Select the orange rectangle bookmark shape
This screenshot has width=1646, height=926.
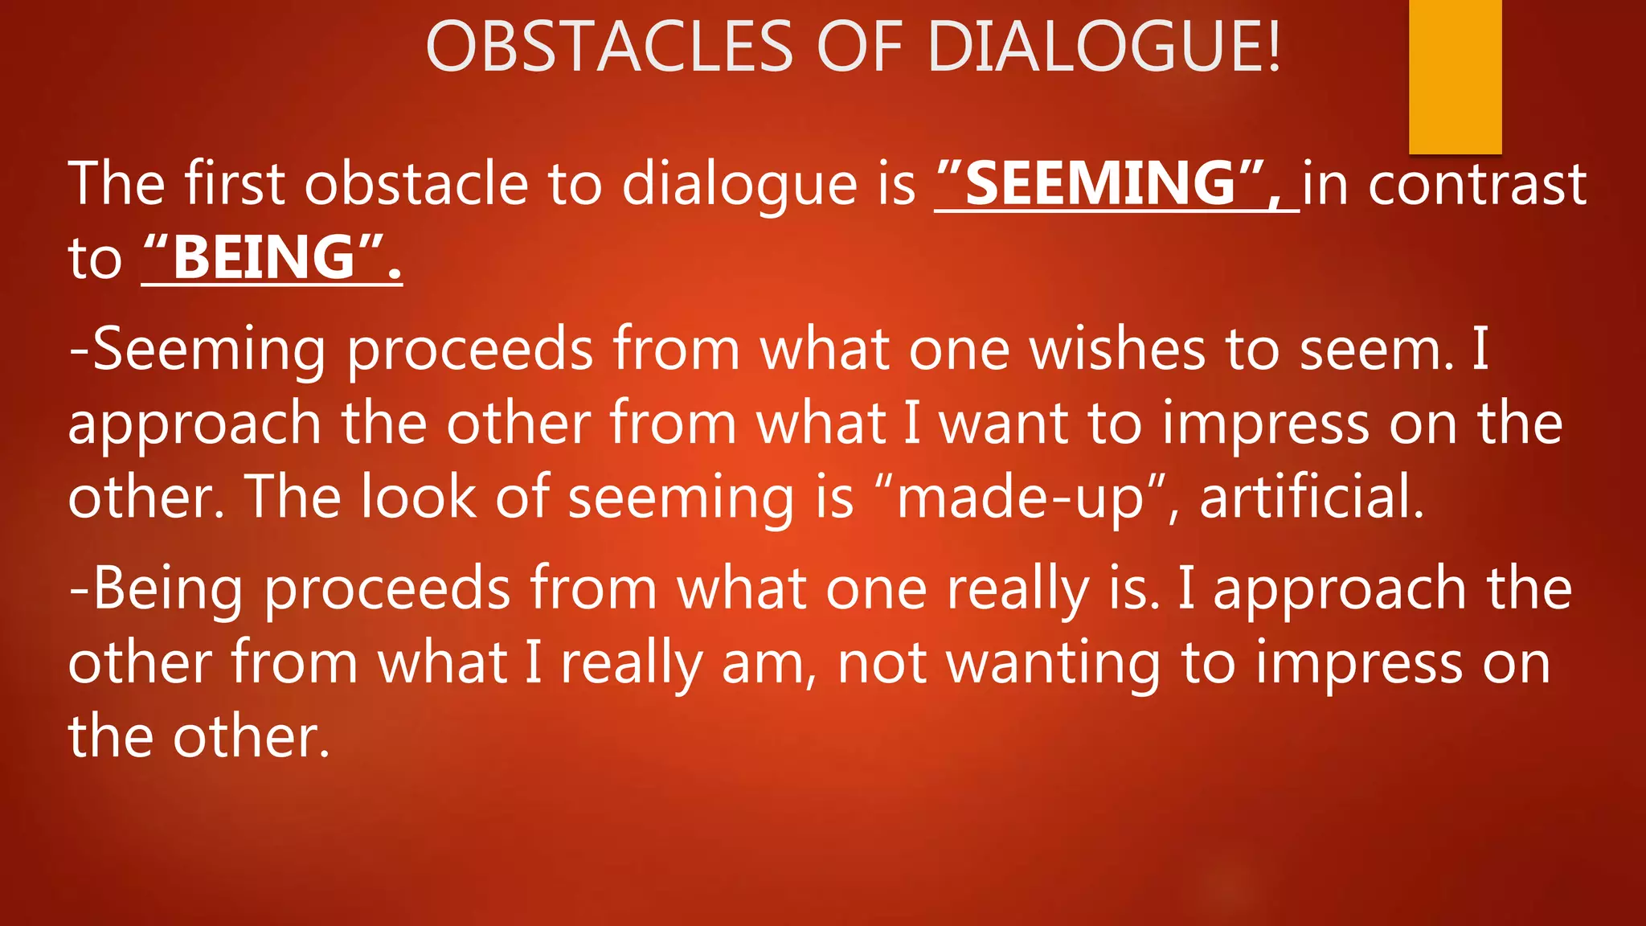1455,76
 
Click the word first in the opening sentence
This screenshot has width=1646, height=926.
235,183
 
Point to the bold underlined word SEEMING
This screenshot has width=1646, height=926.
1100,183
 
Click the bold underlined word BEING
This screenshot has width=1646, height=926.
264,258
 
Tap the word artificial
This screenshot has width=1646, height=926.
1312,496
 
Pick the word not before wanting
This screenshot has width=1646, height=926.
882,664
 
